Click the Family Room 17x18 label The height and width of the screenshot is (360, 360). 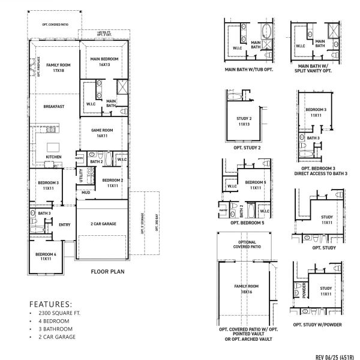(x=58, y=67)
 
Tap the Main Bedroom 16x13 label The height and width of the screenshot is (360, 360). (x=104, y=61)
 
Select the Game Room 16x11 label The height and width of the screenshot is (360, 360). (x=102, y=133)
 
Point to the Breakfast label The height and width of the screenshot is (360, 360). (x=53, y=106)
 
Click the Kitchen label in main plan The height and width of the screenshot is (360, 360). (x=54, y=157)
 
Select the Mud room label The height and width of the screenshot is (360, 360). (x=86, y=193)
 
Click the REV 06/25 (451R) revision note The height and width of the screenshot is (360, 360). (x=335, y=356)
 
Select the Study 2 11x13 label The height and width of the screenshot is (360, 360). (x=244, y=121)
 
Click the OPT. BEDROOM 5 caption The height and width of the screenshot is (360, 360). (x=244, y=223)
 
